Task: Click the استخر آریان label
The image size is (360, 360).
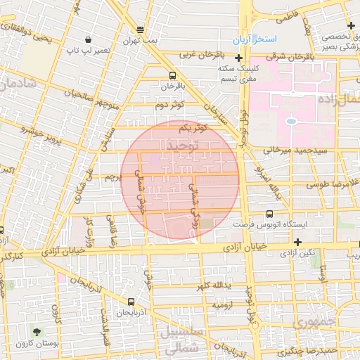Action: click(x=278, y=38)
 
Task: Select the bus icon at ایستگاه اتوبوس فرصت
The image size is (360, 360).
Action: click(x=270, y=214)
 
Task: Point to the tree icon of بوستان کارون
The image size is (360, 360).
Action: click(x=36, y=330)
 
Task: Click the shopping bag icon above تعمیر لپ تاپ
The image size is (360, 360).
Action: click(x=87, y=40)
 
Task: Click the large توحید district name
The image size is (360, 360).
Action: click(x=181, y=146)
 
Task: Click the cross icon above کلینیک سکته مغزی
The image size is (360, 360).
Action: click(x=240, y=58)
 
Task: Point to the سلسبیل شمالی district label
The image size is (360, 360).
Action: click(x=181, y=339)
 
